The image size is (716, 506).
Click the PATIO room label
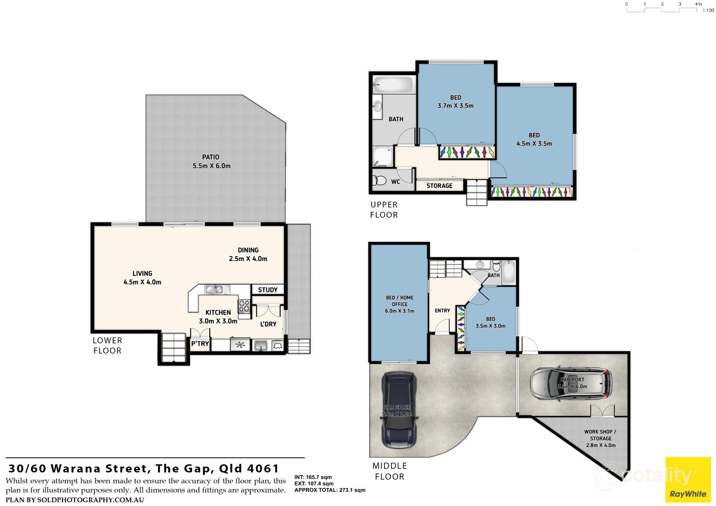coord(211,157)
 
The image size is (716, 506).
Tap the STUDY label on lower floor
coord(268,290)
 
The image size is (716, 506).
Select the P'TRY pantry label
coord(200,344)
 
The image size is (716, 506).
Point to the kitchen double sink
coord(214,290)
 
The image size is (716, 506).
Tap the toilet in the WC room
coord(380,180)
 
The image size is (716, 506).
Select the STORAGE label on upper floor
coord(440,186)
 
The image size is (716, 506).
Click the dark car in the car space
coord(399,409)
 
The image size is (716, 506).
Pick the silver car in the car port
coord(571,383)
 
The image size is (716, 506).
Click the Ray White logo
coord(688,479)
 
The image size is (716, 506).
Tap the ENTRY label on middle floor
coord(442,311)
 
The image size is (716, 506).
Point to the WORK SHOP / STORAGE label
coord(600,435)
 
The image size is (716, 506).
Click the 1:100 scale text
coord(708,10)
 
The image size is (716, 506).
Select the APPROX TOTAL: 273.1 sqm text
coord(330,490)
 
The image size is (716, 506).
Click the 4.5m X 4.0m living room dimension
coord(142,282)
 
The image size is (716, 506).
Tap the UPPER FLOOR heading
coord(384,210)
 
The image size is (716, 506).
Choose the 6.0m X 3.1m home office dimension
coord(400,311)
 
